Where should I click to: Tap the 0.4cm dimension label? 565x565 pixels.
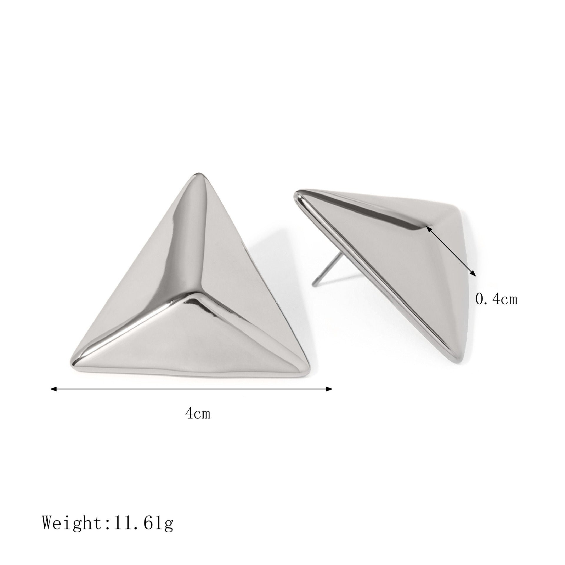pos(496,300)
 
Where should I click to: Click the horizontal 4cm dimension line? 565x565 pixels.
pos(191,389)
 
